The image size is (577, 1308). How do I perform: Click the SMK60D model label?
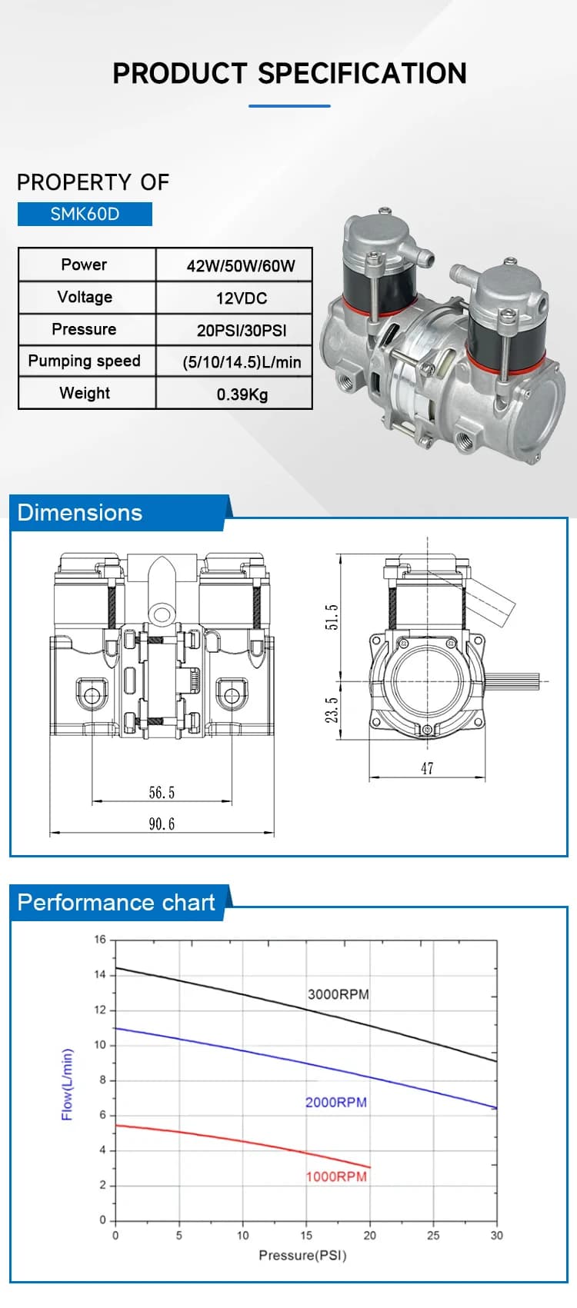[85, 214]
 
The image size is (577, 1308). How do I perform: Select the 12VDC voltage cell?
[242, 298]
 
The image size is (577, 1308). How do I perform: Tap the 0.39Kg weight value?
[242, 394]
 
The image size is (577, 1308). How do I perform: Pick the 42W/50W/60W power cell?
[241, 266]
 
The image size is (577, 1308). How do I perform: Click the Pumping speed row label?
[84, 361]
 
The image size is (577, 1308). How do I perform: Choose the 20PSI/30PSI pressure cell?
[242, 331]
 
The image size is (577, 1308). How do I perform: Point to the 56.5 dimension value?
[162, 792]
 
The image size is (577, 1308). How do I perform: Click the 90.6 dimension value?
[162, 824]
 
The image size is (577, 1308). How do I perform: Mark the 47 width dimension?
[427, 768]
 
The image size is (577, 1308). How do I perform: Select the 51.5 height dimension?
[331, 617]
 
